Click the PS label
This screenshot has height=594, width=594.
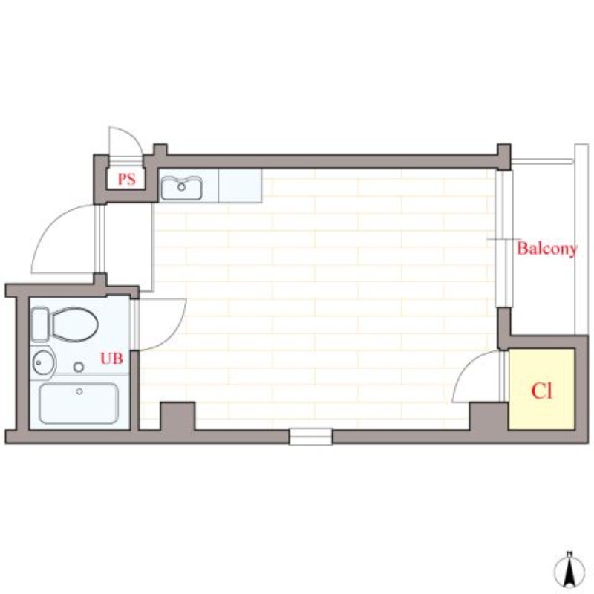[x=126, y=179]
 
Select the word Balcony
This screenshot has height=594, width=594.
[x=546, y=249]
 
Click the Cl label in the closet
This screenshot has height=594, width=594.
[x=541, y=391]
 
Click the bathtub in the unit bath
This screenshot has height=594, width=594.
[x=78, y=403]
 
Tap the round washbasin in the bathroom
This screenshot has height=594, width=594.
[x=42, y=363]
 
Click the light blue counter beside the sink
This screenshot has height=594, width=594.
[x=240, y=186]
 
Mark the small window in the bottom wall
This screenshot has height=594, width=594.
[x=310, y=437]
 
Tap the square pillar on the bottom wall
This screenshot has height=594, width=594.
[x=177, y=415]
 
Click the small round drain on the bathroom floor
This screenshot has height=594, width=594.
[x=79, y=367]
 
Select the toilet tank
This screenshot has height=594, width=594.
[x=40, y=324]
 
